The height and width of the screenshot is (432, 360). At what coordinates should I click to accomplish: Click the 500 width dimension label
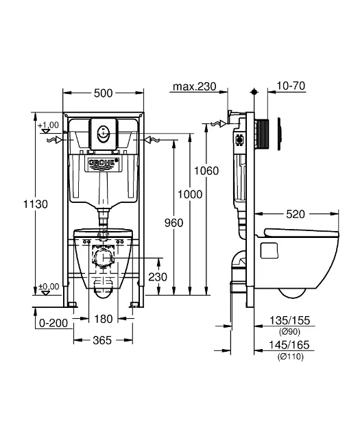click(x=104, y=93)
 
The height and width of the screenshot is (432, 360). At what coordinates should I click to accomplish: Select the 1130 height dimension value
click(x=36, y=204)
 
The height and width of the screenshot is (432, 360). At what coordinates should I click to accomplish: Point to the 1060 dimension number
click(x=206, y=171)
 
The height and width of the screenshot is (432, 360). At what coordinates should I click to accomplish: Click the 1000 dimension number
click(x=190, y=195)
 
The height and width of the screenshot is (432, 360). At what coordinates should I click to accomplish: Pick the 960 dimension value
click(x=173, y=223)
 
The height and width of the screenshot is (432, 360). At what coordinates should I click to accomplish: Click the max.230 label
click(x=195, y=86)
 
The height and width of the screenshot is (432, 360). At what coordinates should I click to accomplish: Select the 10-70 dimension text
click(x=291, y=86)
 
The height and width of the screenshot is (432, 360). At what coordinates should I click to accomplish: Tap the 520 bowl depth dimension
click(x=296, y=214)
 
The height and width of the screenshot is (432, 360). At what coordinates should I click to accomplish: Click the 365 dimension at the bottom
click(x=102, y=340)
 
